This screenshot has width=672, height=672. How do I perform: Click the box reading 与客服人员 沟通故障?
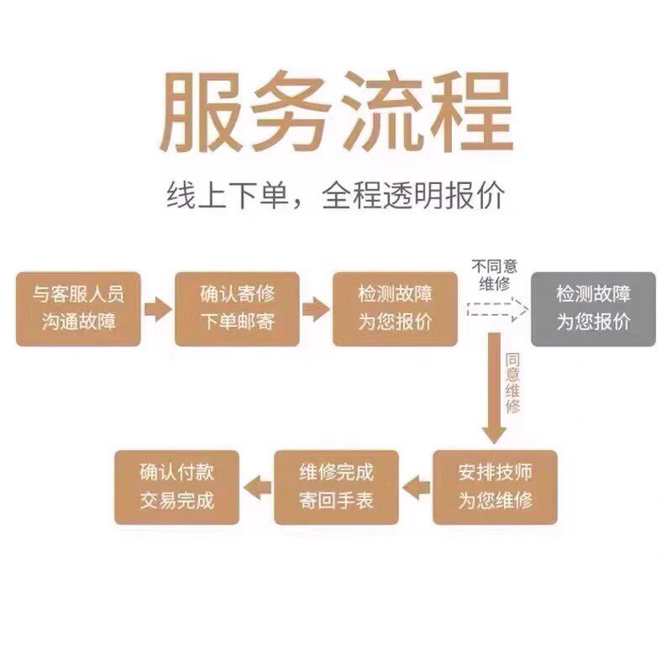(x=78, y=308)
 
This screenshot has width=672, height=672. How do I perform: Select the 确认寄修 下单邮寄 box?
(x=238, y=308)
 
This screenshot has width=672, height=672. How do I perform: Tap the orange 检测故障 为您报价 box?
(x=395, y=308)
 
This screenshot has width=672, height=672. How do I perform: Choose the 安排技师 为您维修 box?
(x=496, y=487)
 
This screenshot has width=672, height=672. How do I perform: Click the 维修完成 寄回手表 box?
(x=336, y=487)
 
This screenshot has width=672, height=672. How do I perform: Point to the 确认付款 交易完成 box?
(x=176, y=487)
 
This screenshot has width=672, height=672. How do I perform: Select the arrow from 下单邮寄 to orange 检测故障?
(x=316, y=308)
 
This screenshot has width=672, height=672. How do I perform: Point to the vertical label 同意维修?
(x=513, y=382)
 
